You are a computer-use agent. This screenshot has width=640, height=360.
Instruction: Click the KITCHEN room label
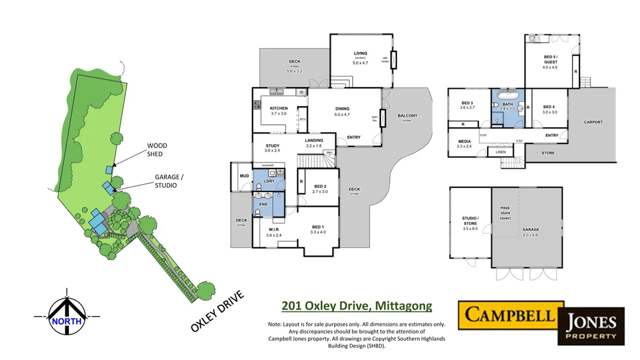[x=279, y=109]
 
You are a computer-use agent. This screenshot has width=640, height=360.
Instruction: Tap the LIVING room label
[x=360, y=54]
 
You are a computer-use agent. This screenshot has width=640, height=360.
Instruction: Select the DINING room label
[x=342, y=109]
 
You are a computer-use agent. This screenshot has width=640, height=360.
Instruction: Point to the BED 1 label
[x=317, y=226]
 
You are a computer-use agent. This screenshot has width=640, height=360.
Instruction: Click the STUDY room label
[x=272, y=145]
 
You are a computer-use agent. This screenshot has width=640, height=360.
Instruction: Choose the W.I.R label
[x=274, y=230]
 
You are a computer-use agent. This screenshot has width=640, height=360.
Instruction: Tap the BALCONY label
[x=407, y=116]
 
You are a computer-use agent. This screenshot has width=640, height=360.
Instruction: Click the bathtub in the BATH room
[x=508, y=95]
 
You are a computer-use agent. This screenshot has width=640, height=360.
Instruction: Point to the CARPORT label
[x=593, y=122]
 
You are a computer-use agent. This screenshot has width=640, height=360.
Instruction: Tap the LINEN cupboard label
[x=501, y=152]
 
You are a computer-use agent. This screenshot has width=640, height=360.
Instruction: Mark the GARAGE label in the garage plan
[x=530, y=230]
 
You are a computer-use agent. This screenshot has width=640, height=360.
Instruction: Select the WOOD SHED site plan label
[x=157, y=149]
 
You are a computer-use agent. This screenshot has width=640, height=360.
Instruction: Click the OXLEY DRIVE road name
[x=217, y=311]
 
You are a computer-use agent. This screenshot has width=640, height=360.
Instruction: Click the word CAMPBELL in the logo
[x=511, y=314]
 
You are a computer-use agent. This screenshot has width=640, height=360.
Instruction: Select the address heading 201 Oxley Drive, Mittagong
[x=356, y=306]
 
